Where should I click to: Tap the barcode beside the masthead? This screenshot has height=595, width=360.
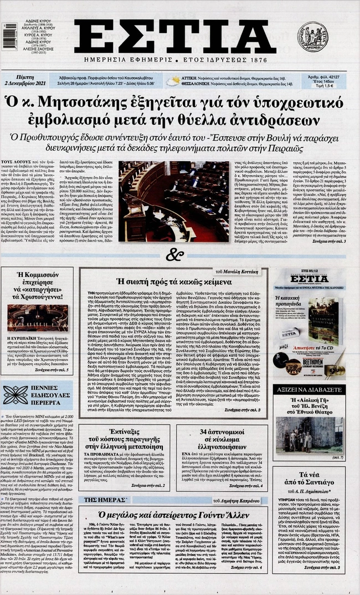coord(9,37)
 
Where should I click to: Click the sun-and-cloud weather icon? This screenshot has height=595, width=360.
coord(174,81)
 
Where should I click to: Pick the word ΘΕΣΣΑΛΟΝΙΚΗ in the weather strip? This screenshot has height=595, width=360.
coord(202,84)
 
